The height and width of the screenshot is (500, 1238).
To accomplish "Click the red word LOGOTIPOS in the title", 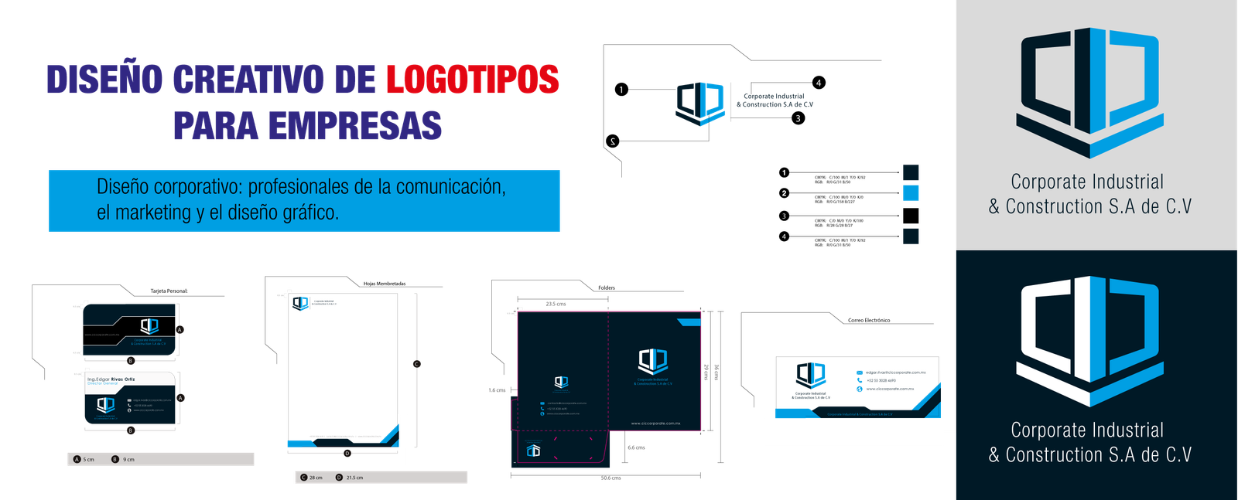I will coord(472,80).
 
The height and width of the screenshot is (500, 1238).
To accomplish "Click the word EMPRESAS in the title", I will coord(355,126).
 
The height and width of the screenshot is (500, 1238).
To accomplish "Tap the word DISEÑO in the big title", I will coord(104,80).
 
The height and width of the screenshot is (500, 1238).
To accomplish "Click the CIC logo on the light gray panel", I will coord(1090,91).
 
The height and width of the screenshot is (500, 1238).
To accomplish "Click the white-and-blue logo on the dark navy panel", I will coord(1090,340).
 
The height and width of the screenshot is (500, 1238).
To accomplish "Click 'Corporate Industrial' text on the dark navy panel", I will coord(1087,430).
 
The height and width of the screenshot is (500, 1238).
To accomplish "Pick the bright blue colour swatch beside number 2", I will coord(911,192).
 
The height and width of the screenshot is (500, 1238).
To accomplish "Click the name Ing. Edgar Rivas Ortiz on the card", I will coord(111,379).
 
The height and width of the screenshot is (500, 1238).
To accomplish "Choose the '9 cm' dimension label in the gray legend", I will coord(128,460).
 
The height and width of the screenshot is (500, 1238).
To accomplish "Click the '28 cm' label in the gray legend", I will coord(316,478).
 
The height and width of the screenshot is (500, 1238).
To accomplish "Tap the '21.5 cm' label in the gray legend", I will coord(354,478).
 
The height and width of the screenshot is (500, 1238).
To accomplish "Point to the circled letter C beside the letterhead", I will coord(416,364).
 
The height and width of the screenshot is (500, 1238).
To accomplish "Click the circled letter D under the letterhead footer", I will coord(347,453).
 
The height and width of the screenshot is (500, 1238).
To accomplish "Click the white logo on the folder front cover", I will coord(652,361).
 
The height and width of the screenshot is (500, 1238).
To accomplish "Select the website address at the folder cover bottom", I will coord(655,423).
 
